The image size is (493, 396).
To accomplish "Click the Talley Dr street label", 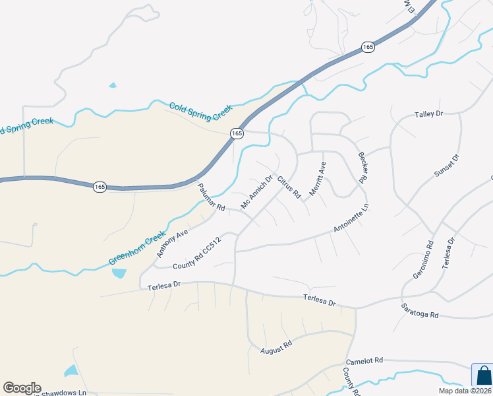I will coord(428,114).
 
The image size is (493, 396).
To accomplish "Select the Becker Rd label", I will coord(362,168).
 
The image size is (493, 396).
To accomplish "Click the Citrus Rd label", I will coord(289,187).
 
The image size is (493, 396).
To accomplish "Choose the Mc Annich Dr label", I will coord(256,192).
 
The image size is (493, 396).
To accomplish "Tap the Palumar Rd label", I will coord(212,197).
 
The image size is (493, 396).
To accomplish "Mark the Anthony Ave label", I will coord(172,243).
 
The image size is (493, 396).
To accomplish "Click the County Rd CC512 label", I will coord(196,254).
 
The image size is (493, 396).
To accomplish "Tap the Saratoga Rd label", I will coord(420,312).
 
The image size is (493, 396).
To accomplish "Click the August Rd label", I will coord(275,347).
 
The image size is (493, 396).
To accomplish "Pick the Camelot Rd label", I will coord(364,361).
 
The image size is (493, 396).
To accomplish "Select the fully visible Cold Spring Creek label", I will coord(201,112).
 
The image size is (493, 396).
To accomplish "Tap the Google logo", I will coord(22,388).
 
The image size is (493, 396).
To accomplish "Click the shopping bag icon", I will coord(483,376).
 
